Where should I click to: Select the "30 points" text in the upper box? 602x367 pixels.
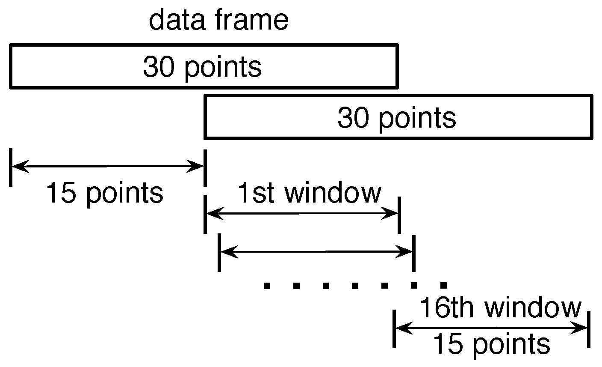[202, 67]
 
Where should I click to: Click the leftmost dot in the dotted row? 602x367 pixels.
[267, 285]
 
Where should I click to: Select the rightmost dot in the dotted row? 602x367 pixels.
[443, 285]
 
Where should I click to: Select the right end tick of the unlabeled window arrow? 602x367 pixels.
[413, 252]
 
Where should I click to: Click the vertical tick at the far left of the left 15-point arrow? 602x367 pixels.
[11, 167]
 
